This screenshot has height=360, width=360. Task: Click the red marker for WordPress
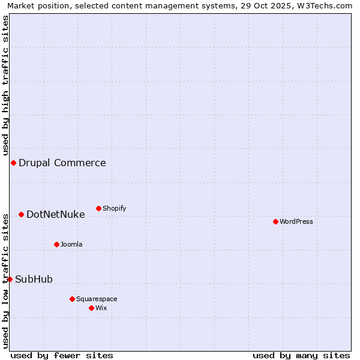[275, 221]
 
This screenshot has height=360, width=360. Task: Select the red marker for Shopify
[98, 208]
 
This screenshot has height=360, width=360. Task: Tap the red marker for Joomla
[56, 244]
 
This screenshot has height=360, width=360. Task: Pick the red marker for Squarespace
[72, 299]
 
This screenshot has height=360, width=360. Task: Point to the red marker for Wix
[91, 308]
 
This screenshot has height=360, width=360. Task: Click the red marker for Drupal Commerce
[13, 163]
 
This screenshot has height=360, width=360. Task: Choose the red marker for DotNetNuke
[21, 214]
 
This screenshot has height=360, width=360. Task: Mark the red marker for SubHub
[10, 279]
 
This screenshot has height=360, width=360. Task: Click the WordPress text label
[296, 221]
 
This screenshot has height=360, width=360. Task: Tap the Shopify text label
[115, 208]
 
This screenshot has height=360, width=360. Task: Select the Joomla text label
[71, 244]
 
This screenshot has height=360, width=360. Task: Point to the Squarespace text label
[97, 299]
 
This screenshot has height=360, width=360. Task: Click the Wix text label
[101, 308]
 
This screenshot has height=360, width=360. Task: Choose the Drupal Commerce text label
[62, 163]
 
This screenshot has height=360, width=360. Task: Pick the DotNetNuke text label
[56, 214]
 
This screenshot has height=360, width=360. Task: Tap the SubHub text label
[34, 279]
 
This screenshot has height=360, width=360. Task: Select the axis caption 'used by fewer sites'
[62, 355]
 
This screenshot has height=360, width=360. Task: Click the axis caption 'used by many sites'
[301, 355]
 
